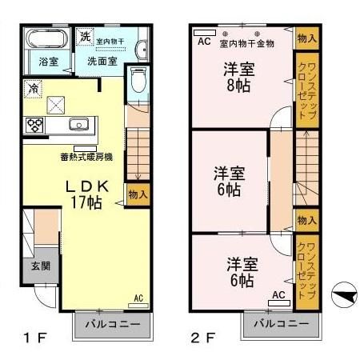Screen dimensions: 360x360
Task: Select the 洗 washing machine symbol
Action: coord(85,36)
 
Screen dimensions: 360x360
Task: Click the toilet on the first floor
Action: coord(138,80)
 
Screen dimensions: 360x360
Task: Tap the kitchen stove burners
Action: coord(35,125)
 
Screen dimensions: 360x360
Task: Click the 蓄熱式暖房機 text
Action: coord(86,157)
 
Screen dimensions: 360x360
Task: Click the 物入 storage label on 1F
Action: coord(138,194)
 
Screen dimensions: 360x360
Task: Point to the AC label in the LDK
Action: coord(138,298)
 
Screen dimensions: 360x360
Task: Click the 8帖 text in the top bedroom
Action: coord(238,84)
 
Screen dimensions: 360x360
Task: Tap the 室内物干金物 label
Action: coord(247,43)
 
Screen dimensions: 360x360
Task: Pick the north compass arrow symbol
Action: coord(342,295)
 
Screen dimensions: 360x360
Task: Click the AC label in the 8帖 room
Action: coord(203,41)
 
